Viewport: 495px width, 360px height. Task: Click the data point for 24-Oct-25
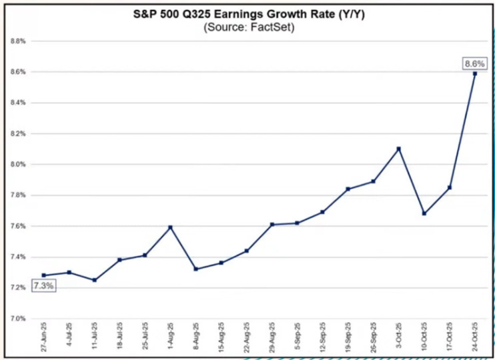click(474, 73)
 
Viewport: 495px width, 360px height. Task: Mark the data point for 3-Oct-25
click(398, 149)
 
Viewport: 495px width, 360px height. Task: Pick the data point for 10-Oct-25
click(424, 213)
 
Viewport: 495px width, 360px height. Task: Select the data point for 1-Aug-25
click(170, 227)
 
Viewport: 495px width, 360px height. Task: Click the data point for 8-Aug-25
click(195, 269)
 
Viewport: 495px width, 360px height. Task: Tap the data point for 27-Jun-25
click(43, 275)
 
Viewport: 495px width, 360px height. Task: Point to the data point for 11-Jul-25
click(94, 280)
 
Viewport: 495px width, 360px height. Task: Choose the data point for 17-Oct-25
click(449, 187)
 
